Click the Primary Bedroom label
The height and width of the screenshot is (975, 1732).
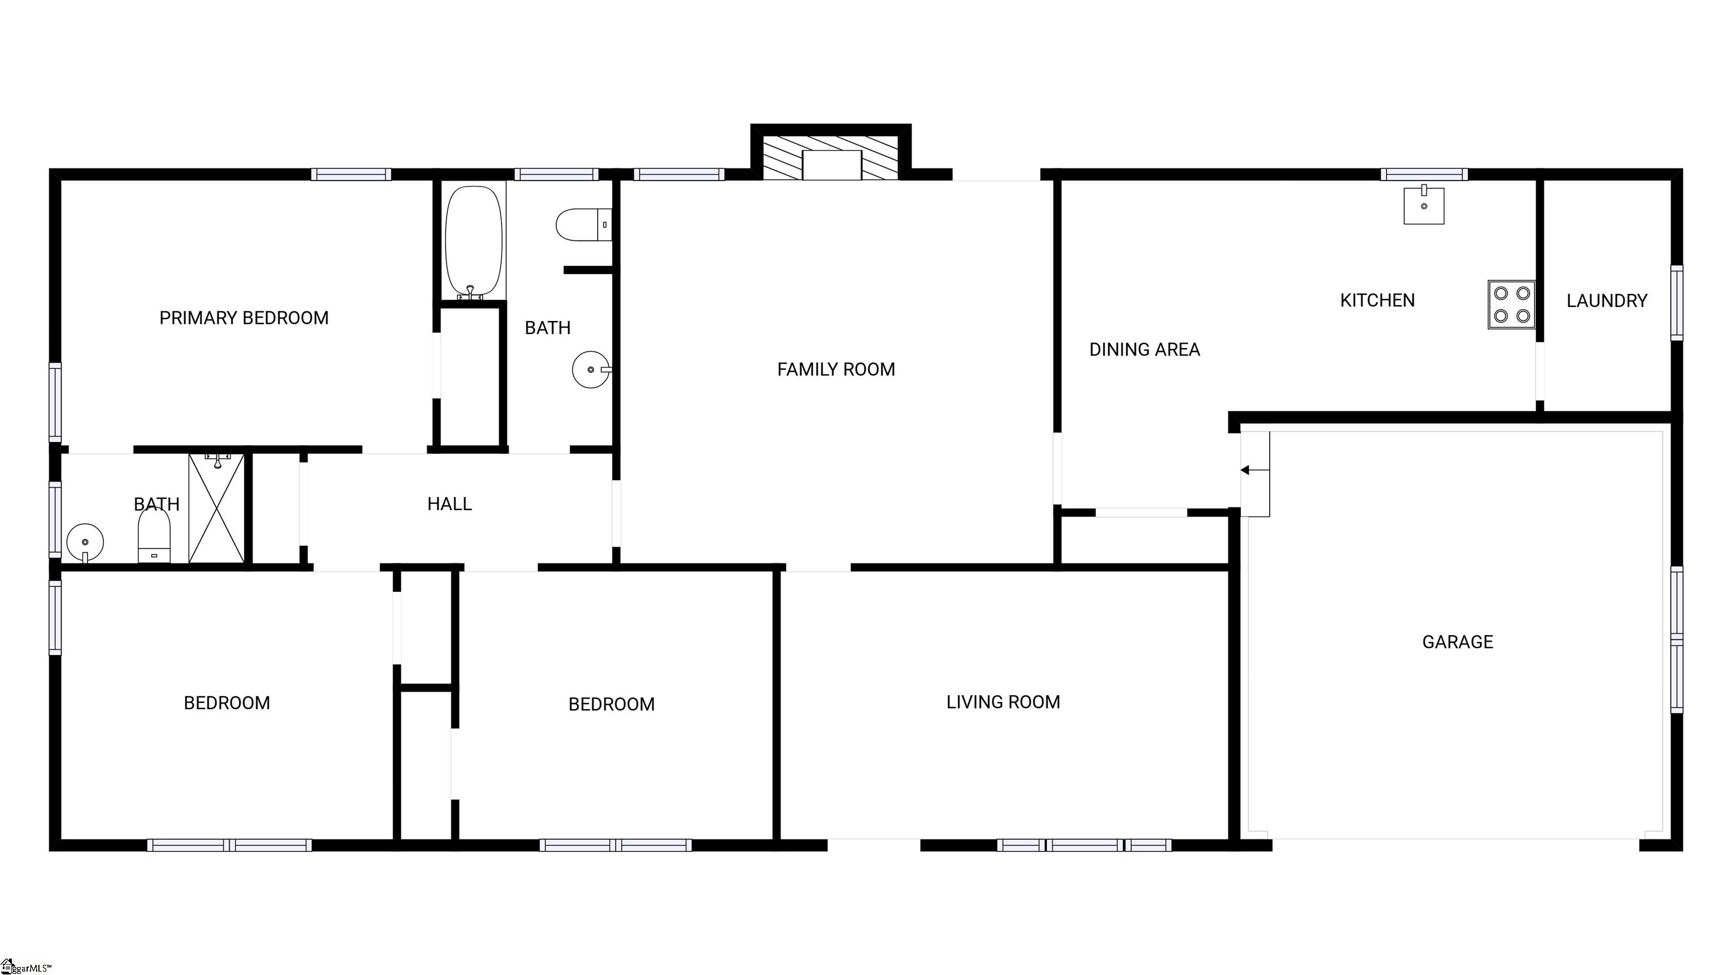coord(244,318)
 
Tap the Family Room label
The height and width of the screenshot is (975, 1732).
coord(836,370)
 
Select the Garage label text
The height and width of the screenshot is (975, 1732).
coord(1457,642)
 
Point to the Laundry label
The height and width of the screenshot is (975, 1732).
coord(1606,301)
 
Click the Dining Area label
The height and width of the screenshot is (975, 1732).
coord(1145,350)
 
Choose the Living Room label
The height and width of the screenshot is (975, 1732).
coord(1002,702)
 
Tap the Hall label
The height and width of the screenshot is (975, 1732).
coord(449,504)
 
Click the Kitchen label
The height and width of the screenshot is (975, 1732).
coord(1377,300)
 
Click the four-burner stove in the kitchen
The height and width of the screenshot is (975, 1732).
coord(1511,304)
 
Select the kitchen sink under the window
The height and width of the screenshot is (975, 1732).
coord(1424,205)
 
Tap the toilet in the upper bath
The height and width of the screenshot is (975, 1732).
coord(582,225)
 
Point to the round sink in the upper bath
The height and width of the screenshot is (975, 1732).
coord(590,370)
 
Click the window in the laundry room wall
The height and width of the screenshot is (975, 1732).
coord(1676,303)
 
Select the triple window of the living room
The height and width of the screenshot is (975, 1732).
coord(1084,845)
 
